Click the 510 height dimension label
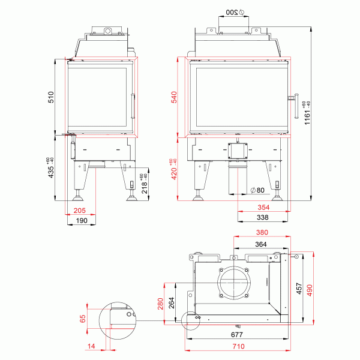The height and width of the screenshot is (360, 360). tap(51, 97)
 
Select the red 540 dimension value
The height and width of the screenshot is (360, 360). tap(175, 97)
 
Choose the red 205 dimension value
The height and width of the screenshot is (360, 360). tap(79, 210)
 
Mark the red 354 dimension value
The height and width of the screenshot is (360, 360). tap(263, 207)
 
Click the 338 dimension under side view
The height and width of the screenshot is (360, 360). tap(263, 217)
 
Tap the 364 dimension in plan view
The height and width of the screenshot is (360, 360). tap(261, 244)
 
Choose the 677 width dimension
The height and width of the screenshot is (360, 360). tap(238, 336)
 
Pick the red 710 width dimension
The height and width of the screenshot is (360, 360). tap(238, 347)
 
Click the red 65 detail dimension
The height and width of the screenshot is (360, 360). tap(83, 318)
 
